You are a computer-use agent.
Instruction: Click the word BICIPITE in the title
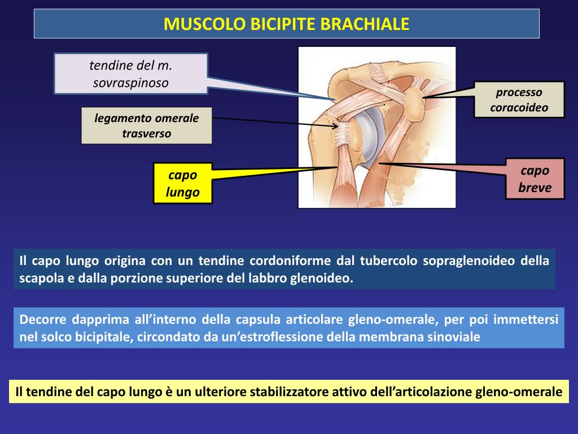284,24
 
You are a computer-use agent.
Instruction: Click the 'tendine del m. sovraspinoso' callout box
131,74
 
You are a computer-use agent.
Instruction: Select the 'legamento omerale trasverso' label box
147,125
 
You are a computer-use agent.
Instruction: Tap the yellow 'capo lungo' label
183,183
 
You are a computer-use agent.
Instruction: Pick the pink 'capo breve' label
535,179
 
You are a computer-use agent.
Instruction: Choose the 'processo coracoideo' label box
519,99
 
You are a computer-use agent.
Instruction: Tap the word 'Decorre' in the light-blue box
42,319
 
